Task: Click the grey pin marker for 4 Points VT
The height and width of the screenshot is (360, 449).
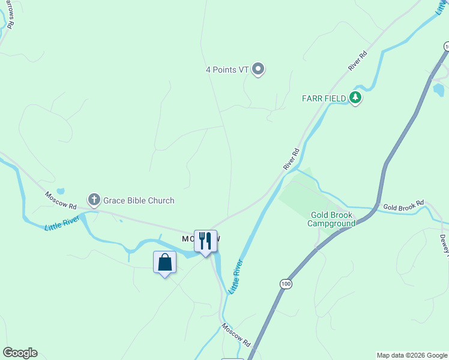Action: coord(258,70)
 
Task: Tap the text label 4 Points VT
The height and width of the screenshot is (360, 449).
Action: coord(227,70)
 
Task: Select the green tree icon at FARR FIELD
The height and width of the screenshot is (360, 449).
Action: coord(355,98)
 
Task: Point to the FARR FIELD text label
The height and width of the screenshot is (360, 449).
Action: coord(324,98)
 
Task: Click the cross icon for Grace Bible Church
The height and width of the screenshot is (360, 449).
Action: coord(94,200)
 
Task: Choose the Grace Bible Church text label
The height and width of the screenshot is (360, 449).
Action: coord(139,200)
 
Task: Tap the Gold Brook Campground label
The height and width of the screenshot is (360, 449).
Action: coord(332,219)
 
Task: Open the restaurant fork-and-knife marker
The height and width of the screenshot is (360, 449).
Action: coord(205,241)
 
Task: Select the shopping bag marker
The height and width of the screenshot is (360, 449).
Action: coord(165,263)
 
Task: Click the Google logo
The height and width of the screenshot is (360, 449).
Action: coord(20,353)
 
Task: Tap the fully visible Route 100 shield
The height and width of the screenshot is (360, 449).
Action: coord(285,283)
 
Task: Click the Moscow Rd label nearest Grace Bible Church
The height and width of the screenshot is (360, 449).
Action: coord(61,200)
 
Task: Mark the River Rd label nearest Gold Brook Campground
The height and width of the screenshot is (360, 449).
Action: coord(291,159)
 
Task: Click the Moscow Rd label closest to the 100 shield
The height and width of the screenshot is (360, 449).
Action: coord(235,335)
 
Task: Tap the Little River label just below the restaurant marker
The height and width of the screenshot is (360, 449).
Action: coord(235,276)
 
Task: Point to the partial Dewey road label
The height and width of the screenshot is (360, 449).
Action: coord(444,243)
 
